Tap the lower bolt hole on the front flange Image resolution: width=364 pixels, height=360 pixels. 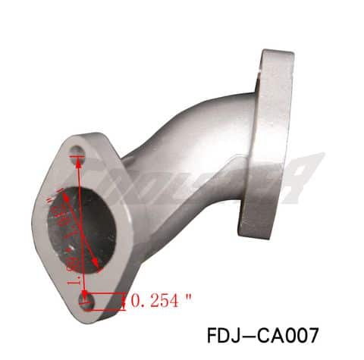pyautogui.click(x=87, y=302)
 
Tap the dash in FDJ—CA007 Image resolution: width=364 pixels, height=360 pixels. pyautogui.click(x=250, y=333)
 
